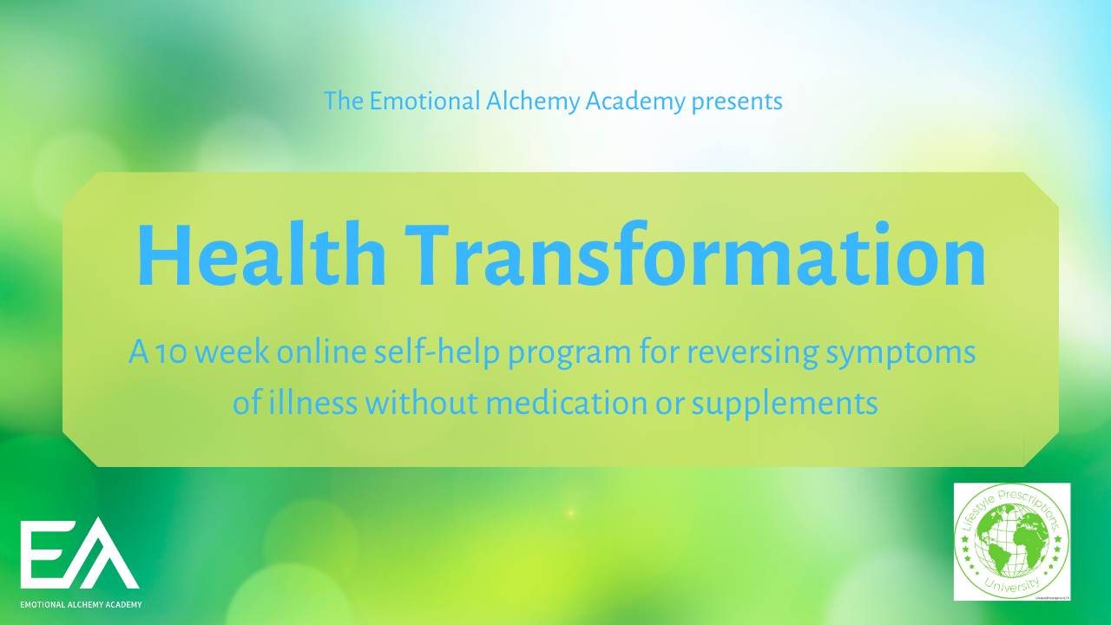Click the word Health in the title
(x=261, y=255)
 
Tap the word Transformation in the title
(x=698, y=255)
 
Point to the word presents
(x=737, y=102)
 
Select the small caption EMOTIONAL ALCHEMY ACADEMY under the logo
(x=81, y=604)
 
